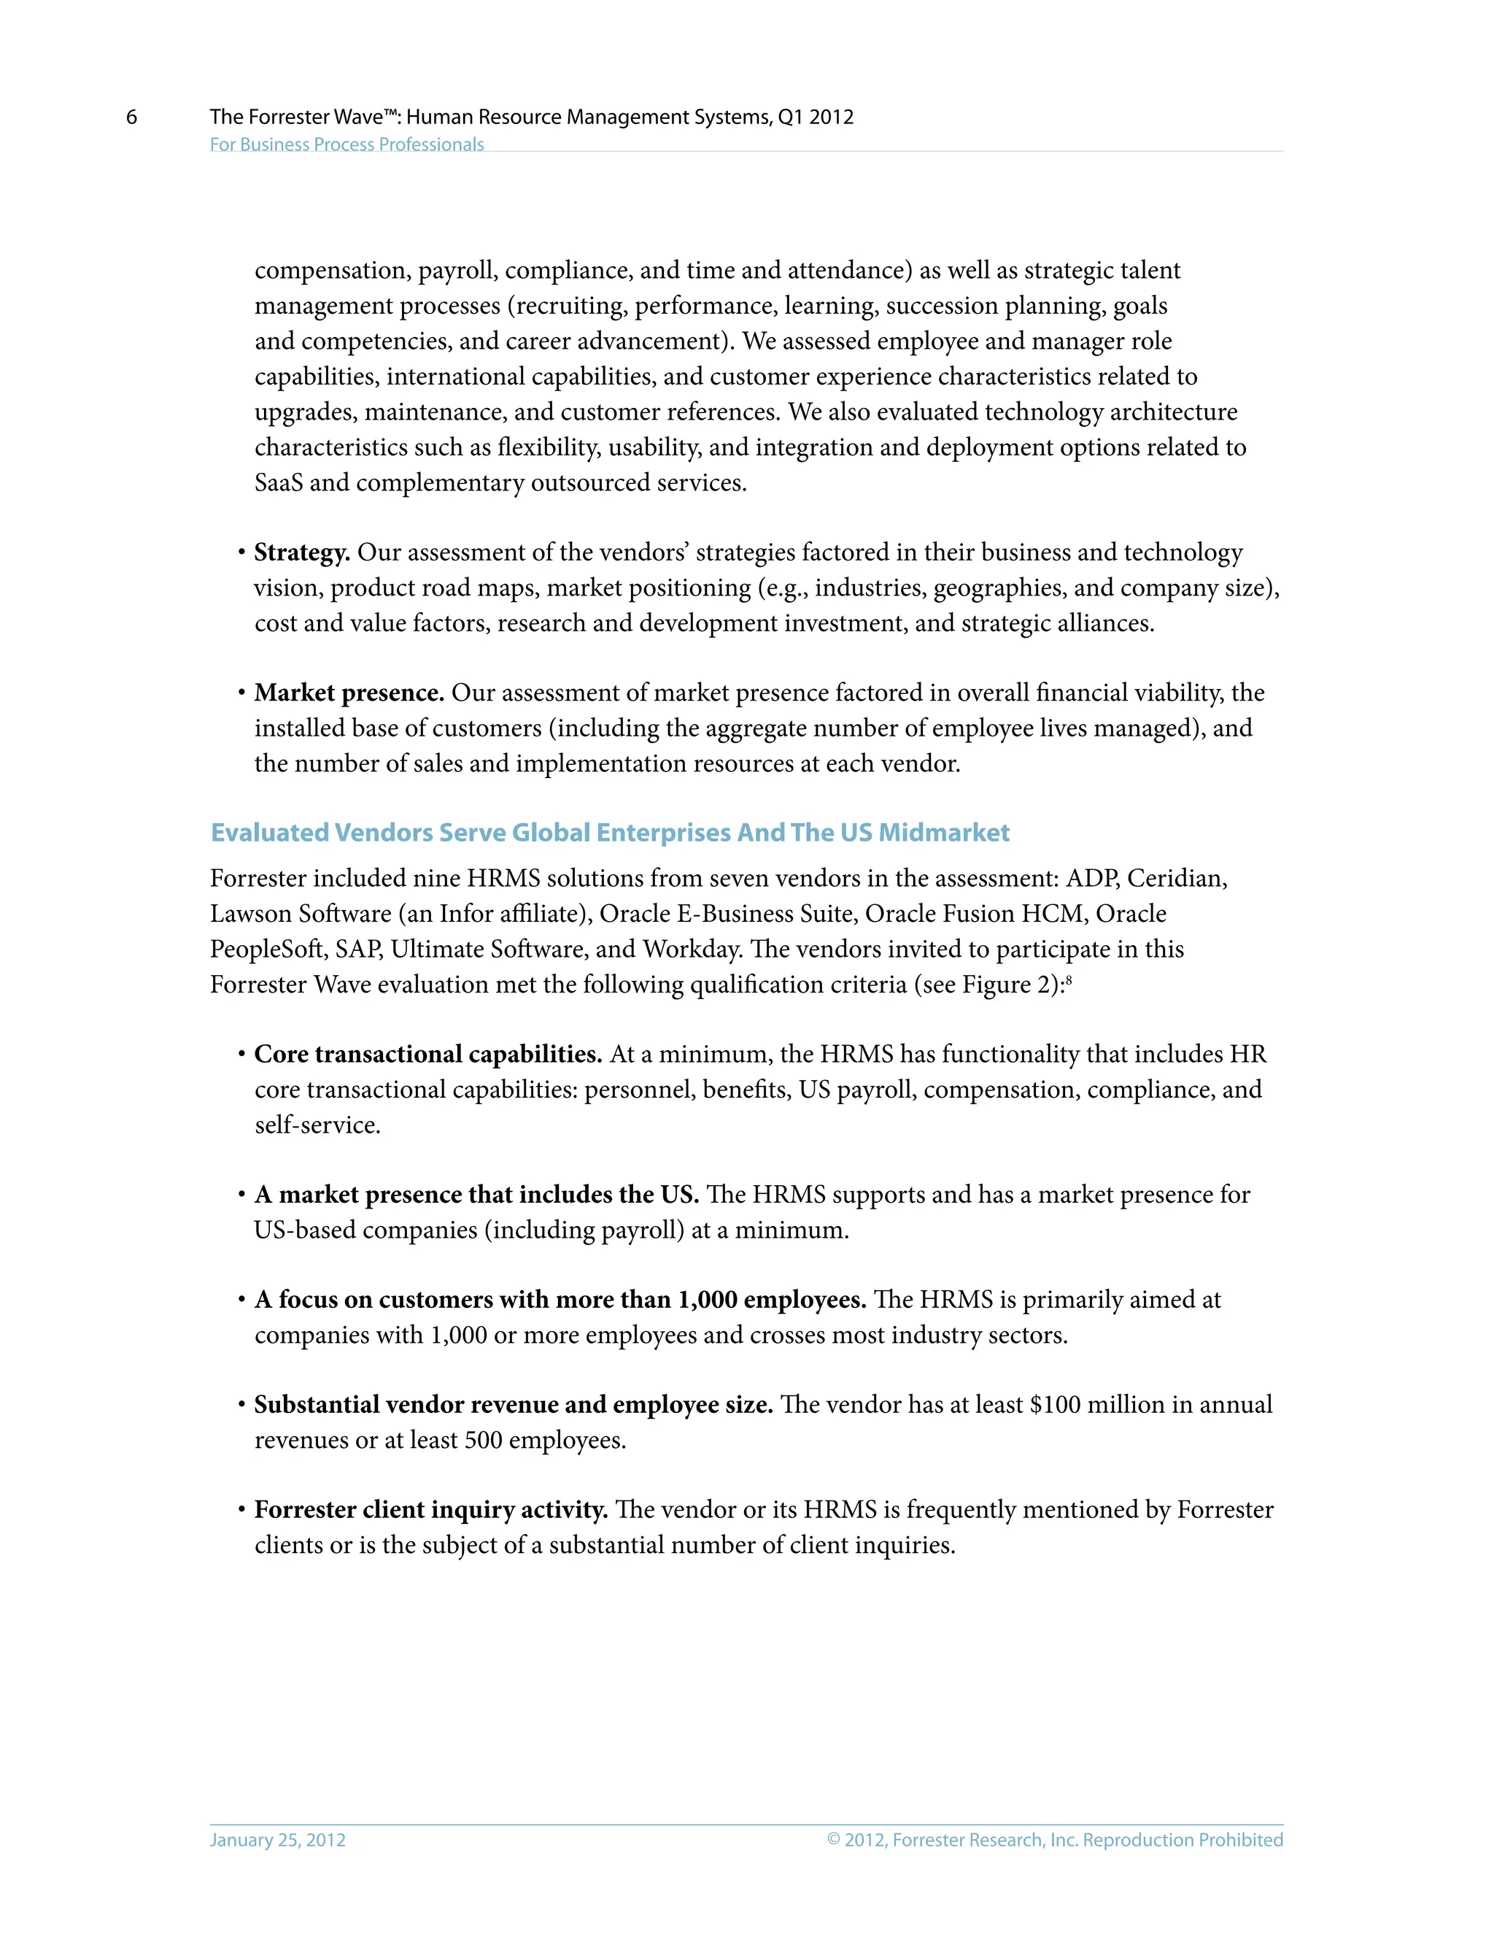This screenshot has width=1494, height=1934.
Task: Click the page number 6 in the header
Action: click(x=132, y=117)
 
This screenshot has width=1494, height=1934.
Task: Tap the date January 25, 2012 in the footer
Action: click(x=277, y=1839)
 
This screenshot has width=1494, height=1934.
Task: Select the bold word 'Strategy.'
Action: click(x=302, y=552)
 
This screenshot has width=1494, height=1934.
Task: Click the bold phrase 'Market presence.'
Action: click(x=349, y=693)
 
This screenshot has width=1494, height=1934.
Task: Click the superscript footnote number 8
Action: click(x=1069, y=979)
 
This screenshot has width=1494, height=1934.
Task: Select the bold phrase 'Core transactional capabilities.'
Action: click(x=427, y=1055)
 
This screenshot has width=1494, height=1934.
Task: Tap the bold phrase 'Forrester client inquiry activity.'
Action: click(x=430, y=1510)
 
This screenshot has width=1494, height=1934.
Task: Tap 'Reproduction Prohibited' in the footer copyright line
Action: click(x=1183, y=1839)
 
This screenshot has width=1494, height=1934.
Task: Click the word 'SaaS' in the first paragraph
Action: click(x=278, y=482)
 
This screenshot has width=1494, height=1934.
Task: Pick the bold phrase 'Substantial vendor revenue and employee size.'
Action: click(x=514, y=1406)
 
